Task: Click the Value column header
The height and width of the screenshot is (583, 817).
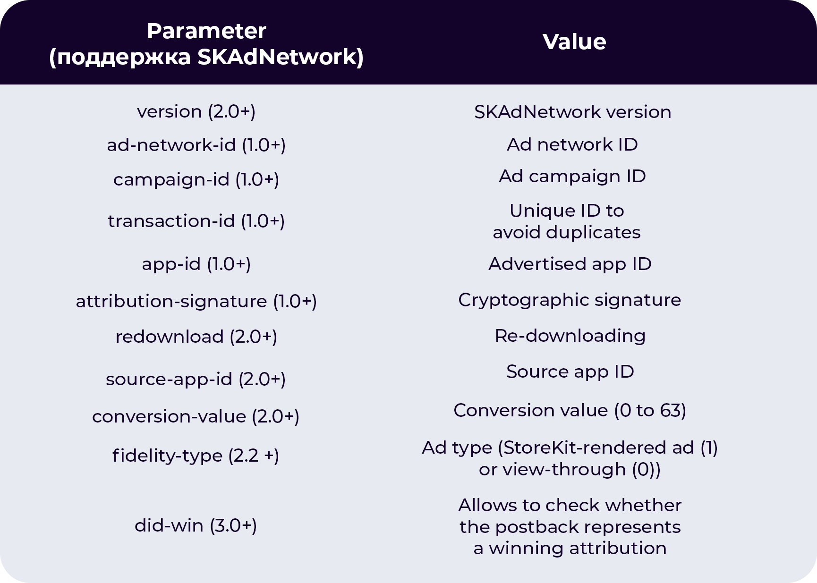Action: [574, 42]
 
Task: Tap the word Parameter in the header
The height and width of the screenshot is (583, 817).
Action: [206, 31]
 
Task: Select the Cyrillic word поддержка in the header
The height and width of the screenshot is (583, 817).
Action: [124, 57]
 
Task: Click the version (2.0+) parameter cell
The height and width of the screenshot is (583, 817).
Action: [196, 112]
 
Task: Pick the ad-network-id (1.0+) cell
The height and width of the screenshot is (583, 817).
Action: [196, 145]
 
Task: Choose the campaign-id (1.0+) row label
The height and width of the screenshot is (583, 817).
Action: [196, 180]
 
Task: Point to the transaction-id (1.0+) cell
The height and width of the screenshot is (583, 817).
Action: [196, 221]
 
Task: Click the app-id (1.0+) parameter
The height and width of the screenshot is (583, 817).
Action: [196, 264]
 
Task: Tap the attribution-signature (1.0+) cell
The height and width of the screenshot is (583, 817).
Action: [196, 302]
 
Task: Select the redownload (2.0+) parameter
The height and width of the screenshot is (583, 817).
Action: [196, 337]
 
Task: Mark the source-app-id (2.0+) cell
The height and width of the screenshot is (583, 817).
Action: [196, 380]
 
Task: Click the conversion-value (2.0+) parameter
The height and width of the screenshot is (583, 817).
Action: [196, 417]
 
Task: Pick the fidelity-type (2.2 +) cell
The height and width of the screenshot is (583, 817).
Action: [196, 456]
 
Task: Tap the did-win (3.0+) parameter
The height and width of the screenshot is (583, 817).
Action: [196, 525]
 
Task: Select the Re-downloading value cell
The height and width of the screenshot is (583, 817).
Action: [570, 336]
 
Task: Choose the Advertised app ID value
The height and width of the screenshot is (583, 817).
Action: [570, 264]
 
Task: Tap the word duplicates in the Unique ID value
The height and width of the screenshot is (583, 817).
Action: [593, 233]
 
